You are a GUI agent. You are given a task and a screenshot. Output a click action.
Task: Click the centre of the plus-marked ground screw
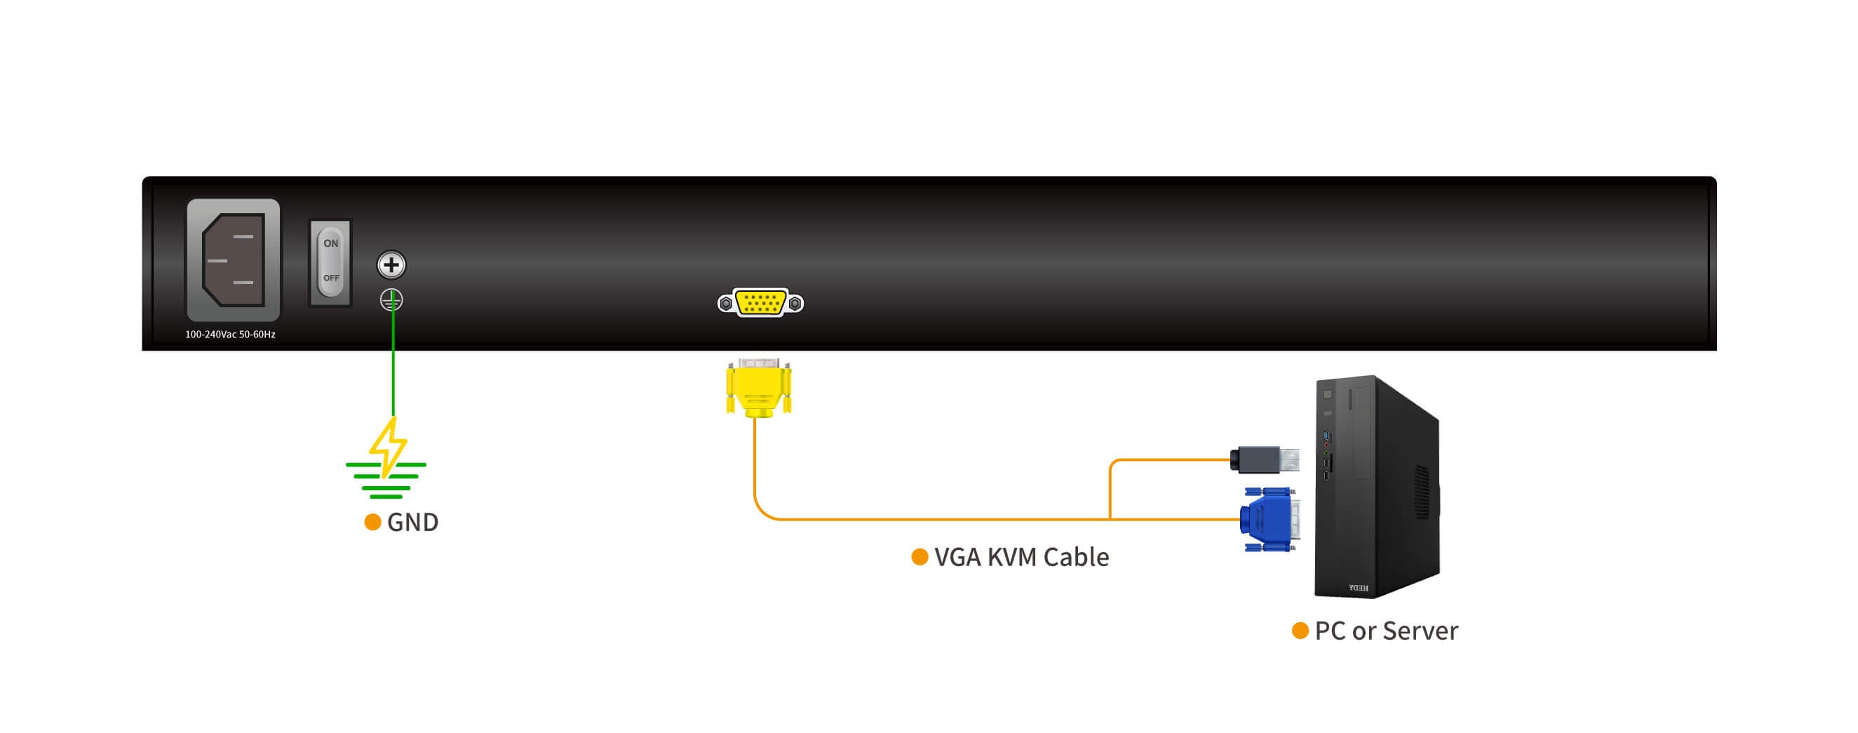coord(391,264)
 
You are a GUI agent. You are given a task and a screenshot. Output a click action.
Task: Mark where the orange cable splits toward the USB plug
coord(1110,519)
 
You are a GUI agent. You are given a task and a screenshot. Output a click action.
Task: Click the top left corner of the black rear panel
coord(143,177)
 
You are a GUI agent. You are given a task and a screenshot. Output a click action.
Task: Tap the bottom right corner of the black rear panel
coord(1716,350)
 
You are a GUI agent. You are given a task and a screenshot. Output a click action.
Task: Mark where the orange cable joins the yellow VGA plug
coord(755,418)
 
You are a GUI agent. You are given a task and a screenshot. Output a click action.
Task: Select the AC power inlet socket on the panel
coord(233,260)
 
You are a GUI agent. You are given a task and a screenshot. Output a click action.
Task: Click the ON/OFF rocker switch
coord(330,262)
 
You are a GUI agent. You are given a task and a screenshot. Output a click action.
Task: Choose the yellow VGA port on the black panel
coord(760,302)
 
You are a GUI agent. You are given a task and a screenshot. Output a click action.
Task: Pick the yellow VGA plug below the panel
coord(758,388)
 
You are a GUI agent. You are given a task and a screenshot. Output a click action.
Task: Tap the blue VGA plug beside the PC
coord(1270,520)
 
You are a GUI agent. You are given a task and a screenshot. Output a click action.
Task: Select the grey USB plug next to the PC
coord(1265,459)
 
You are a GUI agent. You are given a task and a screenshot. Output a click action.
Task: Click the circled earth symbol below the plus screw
coord(391,300)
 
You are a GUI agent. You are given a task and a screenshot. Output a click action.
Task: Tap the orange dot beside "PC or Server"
coord(1300,631)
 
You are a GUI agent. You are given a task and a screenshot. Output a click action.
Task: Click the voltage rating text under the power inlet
coord(230,334)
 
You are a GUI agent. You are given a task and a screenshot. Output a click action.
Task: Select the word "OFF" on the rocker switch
coord(331,278)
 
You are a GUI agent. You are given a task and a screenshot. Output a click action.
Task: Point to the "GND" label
coord(412,522)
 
